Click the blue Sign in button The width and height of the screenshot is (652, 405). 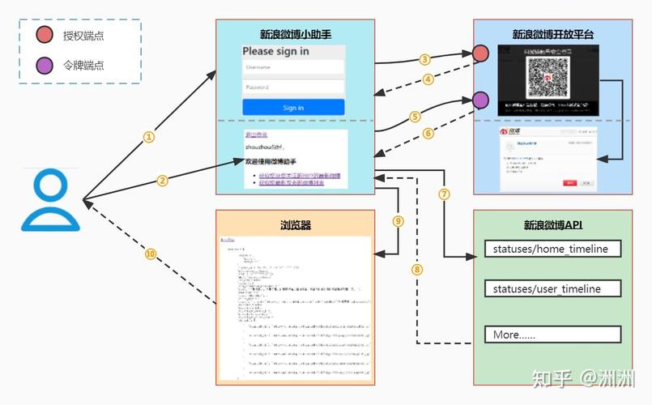pos(293,107)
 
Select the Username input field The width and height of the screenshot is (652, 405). pos(293,67)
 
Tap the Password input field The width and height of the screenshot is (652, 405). pos(293,87)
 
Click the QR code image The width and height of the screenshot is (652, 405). pos(547,78)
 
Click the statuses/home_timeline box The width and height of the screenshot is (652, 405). pos(552,249)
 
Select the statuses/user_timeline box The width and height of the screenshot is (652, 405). pos(552,289)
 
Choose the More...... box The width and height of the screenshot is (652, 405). pos(552,334)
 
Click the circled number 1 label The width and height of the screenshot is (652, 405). pos(148,137)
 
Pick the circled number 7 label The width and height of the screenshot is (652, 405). pos(444,194)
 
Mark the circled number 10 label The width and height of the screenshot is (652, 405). pos(150,254)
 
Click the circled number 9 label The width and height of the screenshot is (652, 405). pos(397,221)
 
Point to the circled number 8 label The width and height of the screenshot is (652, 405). pos(417,269)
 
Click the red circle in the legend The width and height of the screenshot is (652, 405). pos(45,36)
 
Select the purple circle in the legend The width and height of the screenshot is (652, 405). pos(45,65)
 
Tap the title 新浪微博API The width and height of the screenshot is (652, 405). pos(552,224)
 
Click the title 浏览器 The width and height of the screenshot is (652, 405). pos(295,224)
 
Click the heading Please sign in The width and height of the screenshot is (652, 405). pos(275,51)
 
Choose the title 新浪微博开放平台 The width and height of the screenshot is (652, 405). pos(552,34)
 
